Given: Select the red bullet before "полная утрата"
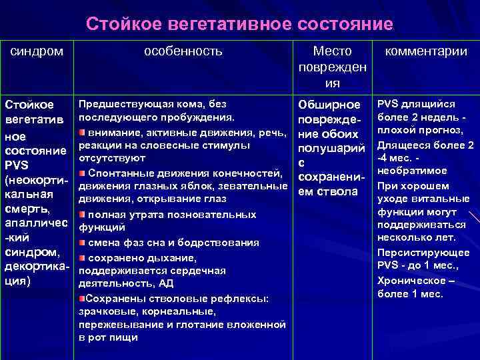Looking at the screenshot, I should coord(83,215).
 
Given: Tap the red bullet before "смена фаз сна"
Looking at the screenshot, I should coord(83,243).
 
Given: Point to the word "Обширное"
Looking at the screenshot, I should coord(329,105).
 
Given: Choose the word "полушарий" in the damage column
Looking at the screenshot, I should coord(330,147).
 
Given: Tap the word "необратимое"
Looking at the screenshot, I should coord(409,171).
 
